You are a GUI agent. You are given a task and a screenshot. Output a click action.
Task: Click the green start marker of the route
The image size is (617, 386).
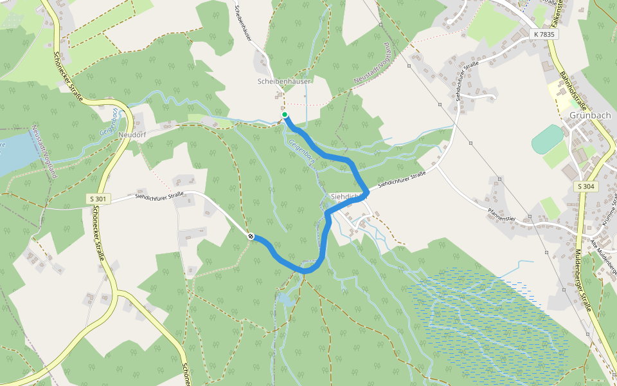[285, 115]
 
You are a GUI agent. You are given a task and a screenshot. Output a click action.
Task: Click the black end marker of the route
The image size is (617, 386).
[251, 236]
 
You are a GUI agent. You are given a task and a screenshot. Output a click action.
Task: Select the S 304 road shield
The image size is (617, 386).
[586, 187]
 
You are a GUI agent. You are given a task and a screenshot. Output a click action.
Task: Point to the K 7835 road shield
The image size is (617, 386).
[544, 34]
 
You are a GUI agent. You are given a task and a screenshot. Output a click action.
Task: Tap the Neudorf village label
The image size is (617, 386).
[133, 135]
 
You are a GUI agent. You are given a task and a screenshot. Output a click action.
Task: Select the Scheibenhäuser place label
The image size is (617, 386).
[284, 82]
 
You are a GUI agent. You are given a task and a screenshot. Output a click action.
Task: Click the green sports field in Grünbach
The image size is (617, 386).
[548, 138]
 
